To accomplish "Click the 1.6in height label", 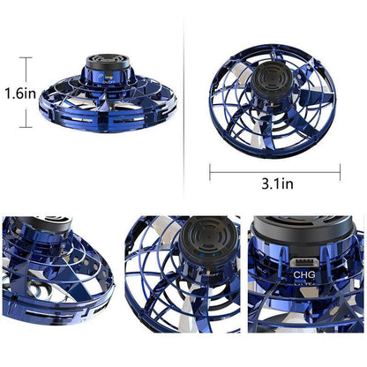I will [19, 92].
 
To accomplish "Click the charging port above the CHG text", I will [303, 262].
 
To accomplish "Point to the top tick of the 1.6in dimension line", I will [25, 58].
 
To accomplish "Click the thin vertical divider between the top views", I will [184, 97].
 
